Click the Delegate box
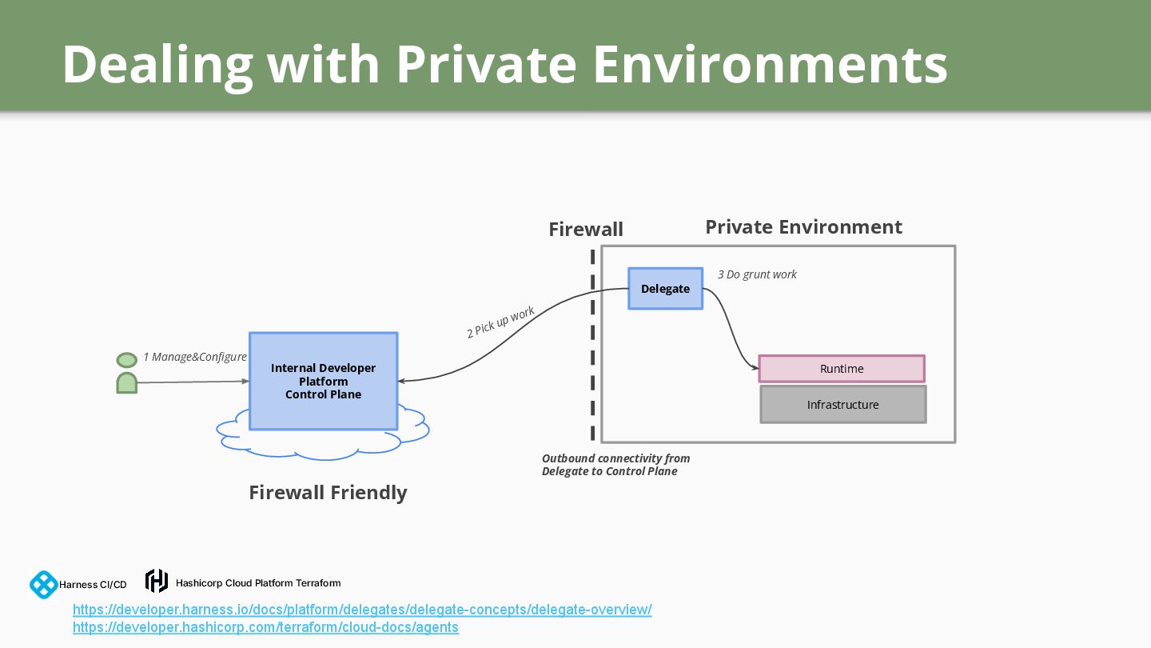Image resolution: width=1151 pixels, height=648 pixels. pyautogui.click(x=665, y=289)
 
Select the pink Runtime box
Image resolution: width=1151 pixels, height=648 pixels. pyautogui.click(x=842, y=369)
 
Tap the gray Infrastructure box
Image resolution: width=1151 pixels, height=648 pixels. pyautogui.click(x=842, y=405)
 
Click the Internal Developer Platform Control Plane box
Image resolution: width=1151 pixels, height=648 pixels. pyautogui.click(x=323, y=381)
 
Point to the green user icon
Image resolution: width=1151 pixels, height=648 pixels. pyautogui.click(x=127, y=373)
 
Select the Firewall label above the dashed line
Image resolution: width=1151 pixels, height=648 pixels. pyautogui.click(x=585, y=230)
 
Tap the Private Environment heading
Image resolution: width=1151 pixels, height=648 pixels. pyautogui.click(x=803, y=227)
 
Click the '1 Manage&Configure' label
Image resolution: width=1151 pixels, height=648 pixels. pyautogui.click(x=195, y=357)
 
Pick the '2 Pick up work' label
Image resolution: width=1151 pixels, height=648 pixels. pyautogui.click(x=500, y=322)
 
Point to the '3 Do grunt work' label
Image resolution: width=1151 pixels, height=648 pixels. pyautogui.click(x=757, y=274)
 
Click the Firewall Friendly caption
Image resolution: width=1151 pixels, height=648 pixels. pyautogui.click(x=328, y=493)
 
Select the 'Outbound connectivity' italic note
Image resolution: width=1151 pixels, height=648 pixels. pyautogui.click(x=615, y=465)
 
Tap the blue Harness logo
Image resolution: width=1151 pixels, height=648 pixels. pyautogui.click(x=44, y=585)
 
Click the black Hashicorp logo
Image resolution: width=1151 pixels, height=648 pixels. pyautogui.click(x=157, y=581)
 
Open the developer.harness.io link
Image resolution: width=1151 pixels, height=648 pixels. pyautogui.click(x=362, y=610)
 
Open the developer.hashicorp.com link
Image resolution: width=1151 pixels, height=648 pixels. pyautogui.click(x=265, y=627)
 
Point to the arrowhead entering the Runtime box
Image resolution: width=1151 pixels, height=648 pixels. pyautogui.click(x=755, y=368)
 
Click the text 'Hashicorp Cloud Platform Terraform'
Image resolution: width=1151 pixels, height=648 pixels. pyautogui.click(x=258, y=583)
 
